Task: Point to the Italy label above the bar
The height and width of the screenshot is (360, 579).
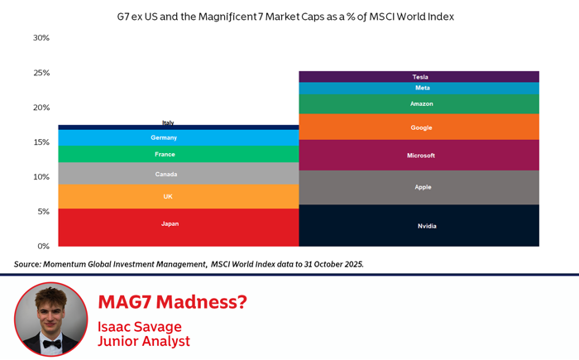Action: (168, 122)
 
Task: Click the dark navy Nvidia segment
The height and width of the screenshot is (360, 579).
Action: (419, 225)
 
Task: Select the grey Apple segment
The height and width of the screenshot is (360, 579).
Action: (419, 187)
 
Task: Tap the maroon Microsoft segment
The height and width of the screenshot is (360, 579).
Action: (419, 156)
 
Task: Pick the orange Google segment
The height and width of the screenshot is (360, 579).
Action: (419, 127)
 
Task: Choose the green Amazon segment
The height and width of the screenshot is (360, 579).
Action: (419, 104)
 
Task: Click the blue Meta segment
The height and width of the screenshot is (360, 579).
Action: (419, 88)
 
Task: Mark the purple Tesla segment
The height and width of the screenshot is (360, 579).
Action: (419, 76)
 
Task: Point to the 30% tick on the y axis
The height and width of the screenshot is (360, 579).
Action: (41, 38)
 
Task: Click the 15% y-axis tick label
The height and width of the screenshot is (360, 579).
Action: (41, 142)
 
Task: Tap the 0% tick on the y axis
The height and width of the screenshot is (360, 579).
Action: (43, 247)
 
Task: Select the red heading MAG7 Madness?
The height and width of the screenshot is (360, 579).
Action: (172, 302)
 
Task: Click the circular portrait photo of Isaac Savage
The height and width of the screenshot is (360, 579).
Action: (50, 319)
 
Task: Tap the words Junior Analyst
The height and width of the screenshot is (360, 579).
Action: (143, 341)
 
